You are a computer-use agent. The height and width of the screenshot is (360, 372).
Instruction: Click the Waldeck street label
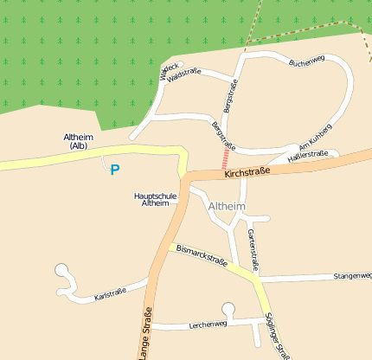pos(170,71)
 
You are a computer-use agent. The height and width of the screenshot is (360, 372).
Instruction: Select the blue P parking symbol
pos(114,170)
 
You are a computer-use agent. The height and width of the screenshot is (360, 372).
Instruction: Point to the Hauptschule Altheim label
pos(157,199)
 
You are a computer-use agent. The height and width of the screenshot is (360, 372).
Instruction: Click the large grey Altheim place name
pos(227,207)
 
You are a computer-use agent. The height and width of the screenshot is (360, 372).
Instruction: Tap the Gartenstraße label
pos(253,247)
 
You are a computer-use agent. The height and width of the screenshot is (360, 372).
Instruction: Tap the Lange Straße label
pos(145,332)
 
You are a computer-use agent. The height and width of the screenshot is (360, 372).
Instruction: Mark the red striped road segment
pos(226,159)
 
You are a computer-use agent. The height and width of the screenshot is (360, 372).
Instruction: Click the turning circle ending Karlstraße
pos(61,271)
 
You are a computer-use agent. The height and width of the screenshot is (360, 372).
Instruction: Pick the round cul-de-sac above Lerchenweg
pos(228,308)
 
